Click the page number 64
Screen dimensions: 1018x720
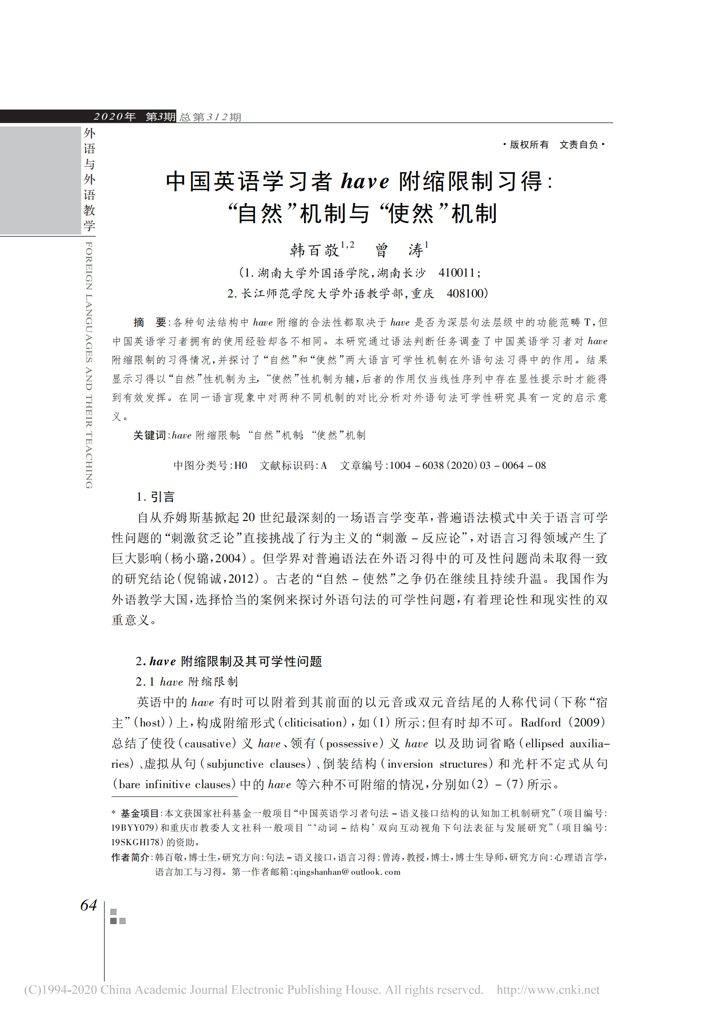coord(88,905)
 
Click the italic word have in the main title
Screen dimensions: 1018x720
coord(365,181)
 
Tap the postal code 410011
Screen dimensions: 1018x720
coord(457,273)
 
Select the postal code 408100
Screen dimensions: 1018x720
coord(465,293)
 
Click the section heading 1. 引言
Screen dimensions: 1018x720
coord(156,497)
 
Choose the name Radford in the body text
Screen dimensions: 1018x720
coord(540,722)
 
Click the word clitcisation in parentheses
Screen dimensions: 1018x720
coord(315,723)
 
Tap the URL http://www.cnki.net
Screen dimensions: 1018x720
coord(548,989)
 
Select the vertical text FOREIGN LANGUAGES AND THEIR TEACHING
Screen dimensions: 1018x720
coord(89,365)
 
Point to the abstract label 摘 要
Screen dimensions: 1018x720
coord(150,322)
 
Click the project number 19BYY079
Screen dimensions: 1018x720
coord(134,828)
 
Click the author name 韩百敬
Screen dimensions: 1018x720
coord(314,250)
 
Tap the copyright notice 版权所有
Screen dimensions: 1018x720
coord(529,145)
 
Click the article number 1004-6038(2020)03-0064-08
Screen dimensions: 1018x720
coord(468,466)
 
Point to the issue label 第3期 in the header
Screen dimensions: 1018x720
coord(160,117)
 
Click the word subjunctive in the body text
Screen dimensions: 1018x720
coord(235,764)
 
